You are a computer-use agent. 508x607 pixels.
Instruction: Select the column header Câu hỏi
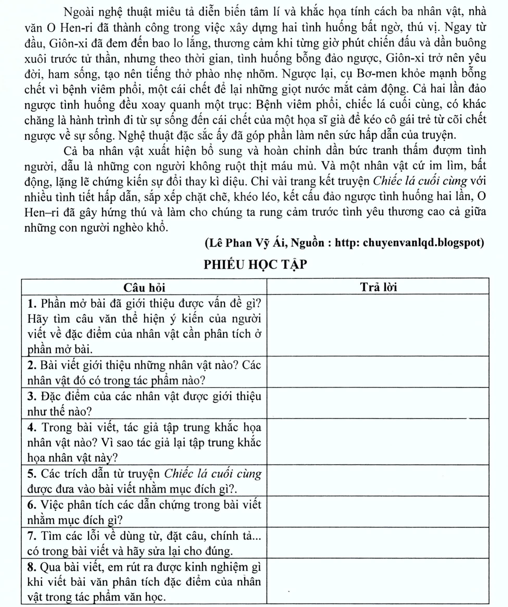click(144, 288)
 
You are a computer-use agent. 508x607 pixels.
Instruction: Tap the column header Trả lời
click(378, 287)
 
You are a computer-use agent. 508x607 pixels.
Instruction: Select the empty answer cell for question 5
click(378, 481)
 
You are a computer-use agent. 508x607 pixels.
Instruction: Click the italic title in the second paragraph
click(420, 181)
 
